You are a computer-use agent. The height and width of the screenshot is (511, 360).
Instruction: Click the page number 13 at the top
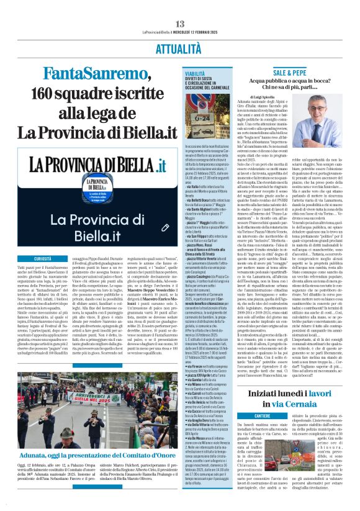[180, 6]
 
